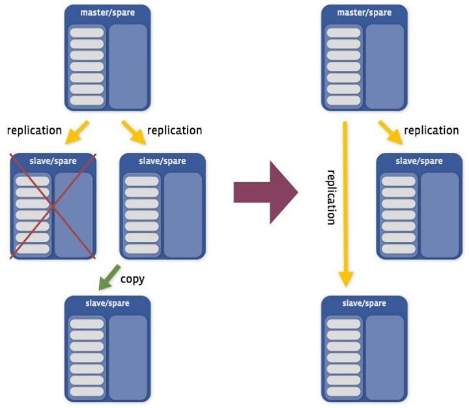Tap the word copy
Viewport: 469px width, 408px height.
133,279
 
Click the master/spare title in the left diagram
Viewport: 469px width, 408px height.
107,12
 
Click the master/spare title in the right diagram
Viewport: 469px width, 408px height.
365,12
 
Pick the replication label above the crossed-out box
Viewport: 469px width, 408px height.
35,130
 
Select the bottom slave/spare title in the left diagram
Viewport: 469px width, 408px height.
107,303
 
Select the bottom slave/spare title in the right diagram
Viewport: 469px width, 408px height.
365,303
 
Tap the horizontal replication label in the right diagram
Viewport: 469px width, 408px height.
431,130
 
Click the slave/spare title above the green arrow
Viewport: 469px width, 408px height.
163,161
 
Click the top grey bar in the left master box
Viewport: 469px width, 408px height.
87,33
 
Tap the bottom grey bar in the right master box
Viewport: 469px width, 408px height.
343,101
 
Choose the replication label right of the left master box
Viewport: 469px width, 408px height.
175,130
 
